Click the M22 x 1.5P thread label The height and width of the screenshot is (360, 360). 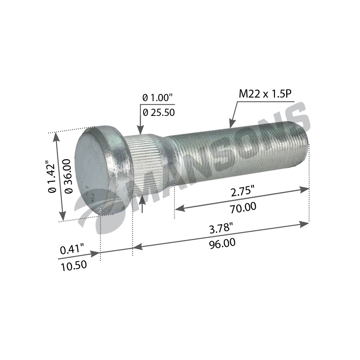(265, 94)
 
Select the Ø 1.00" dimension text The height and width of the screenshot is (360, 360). (158, 98)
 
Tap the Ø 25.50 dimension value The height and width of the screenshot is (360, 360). (159, 112)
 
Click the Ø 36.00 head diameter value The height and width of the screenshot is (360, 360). (69, 176)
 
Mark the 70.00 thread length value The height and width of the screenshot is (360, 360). (243, 208)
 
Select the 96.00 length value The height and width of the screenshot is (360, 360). (222, 243)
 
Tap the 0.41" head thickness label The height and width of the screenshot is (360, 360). (72, 249)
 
